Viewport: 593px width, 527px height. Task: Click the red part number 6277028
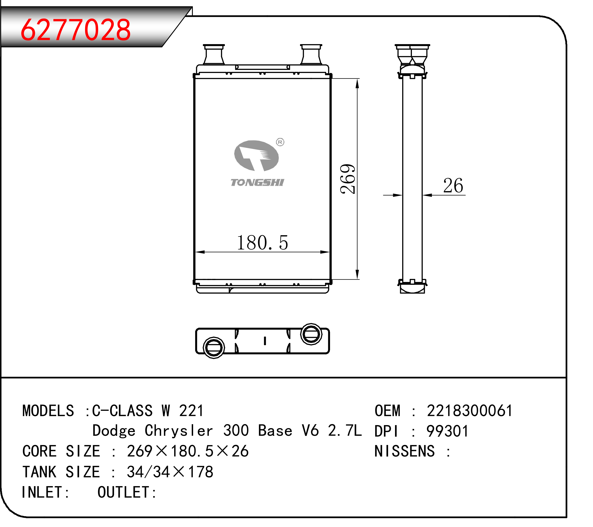(76, 30)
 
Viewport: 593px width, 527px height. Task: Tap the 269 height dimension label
(348, 179)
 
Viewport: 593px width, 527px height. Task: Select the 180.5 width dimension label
(263, 243)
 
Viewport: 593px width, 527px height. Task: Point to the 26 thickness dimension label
(453, 186)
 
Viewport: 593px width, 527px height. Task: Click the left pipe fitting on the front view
(214, 55)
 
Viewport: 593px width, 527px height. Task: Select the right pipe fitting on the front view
(311, 55)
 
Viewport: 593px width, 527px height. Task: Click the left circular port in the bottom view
(214, 347)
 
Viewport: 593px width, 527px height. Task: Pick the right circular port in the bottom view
(311, 334)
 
